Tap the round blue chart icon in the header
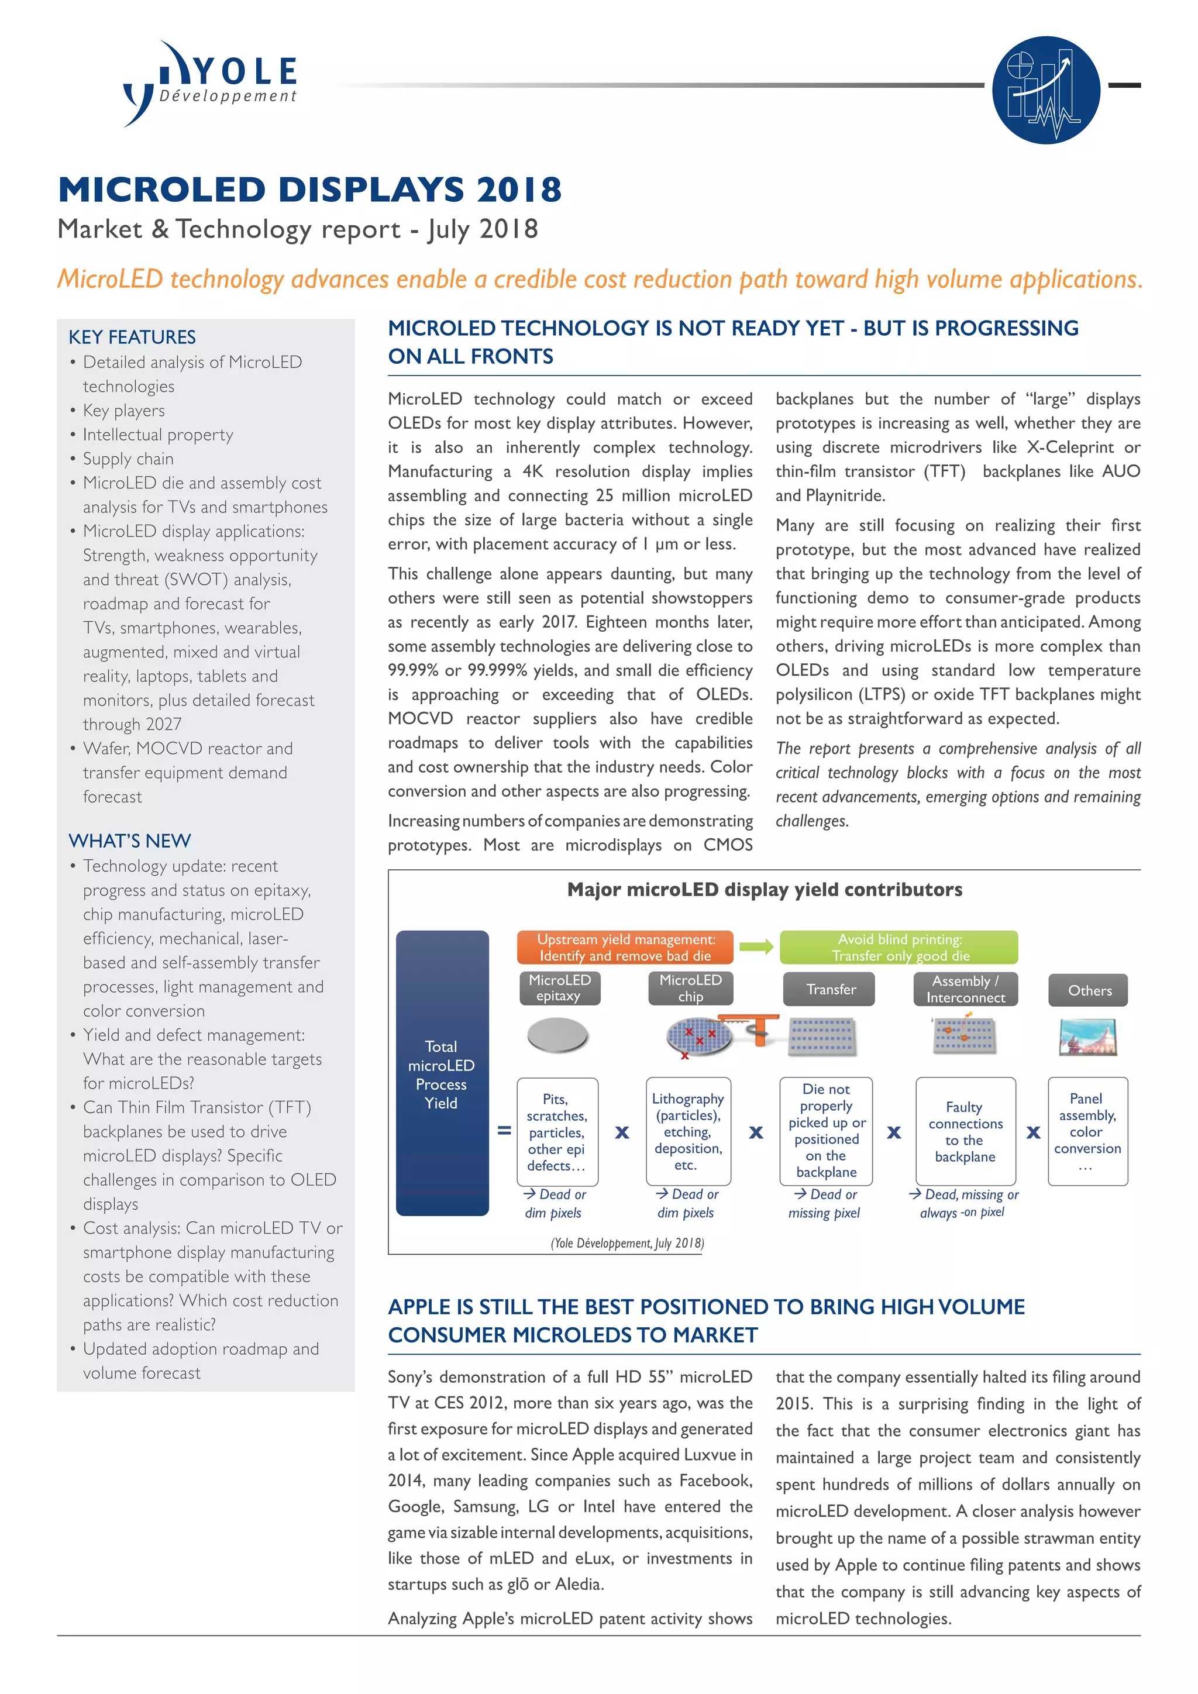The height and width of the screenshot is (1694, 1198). [1045, 89]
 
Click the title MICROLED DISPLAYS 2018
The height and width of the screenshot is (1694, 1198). [310, 190]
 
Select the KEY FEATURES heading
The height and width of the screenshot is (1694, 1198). [132, 337]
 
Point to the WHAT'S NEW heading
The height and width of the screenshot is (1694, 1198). [130, 841]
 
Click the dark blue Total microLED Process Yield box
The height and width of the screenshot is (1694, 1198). [442, 1073]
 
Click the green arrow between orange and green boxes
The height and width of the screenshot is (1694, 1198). [756, 946]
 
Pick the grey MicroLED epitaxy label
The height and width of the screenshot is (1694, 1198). [559, 988]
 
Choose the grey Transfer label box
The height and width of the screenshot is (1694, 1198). [830, 989]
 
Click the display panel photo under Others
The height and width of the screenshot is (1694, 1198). [1087, 1037]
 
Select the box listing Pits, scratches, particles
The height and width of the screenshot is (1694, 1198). [557, 1132]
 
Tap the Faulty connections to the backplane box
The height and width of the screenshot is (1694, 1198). [965, 1132]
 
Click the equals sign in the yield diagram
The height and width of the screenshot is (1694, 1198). [504, 1130]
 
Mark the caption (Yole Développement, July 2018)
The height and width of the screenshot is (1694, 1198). [627, 1243]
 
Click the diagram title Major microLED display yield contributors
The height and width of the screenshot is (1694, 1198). [764, 890]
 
